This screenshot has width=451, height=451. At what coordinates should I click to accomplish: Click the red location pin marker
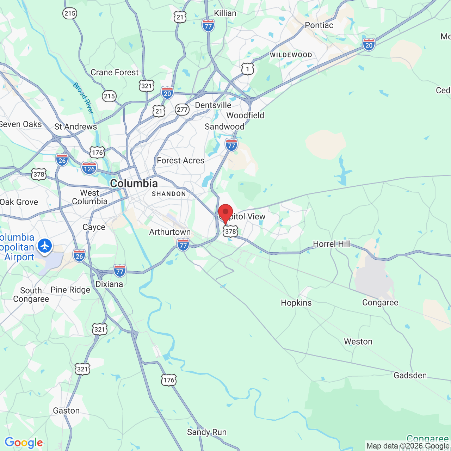click(x=225, y=212)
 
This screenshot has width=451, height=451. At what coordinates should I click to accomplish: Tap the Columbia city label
click(x=134, y=184)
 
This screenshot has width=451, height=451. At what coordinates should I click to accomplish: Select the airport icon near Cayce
click(x=45, y=246)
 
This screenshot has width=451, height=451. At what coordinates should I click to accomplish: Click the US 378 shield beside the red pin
click(x=230, y=231)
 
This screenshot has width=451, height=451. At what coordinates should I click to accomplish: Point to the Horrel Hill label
click(x=331, y=244)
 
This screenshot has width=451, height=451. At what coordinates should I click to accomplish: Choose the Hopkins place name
click(x=296, y=303)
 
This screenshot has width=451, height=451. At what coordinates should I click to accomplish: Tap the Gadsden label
click(x=410, y=375)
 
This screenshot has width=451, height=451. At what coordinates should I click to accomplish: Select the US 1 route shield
click(x=248, y=69)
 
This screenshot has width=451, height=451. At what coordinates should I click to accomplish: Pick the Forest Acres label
click(x=180, y=161)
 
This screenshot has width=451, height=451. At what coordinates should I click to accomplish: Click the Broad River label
click(x=84, y=98)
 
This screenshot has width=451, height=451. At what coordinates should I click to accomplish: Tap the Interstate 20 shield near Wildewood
click(x=369, y=45)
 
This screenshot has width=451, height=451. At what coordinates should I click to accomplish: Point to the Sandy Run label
click(x=207, y=432)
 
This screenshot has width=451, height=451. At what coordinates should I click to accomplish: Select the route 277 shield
click(x=182, y=110)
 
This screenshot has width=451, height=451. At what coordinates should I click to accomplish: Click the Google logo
click(x=24, y=443)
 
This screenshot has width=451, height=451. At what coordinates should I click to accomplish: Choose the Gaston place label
click(x=66, y=410)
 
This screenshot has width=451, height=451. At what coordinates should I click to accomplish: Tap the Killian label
click(x=225, y=13)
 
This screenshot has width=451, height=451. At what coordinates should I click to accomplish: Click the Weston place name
click(x=358, y=341)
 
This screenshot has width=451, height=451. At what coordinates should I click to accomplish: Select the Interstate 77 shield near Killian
click(x=208, y=26)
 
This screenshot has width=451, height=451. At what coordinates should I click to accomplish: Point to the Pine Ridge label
click(x=70, y=290)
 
